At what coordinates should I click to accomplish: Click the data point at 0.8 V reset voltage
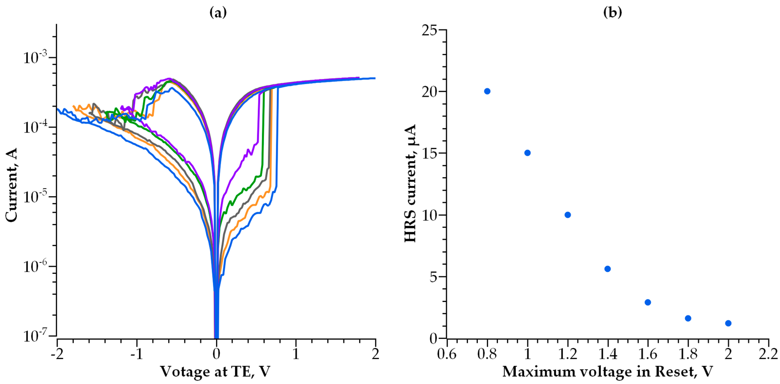(x=487, y=91)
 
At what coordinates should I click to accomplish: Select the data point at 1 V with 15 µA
(x=527, y=153)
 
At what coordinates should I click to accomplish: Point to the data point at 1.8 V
(x=688, y=318)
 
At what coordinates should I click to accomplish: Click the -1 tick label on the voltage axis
(x=137, y=354)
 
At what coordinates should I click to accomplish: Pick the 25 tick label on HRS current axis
(x=430, y=30)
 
